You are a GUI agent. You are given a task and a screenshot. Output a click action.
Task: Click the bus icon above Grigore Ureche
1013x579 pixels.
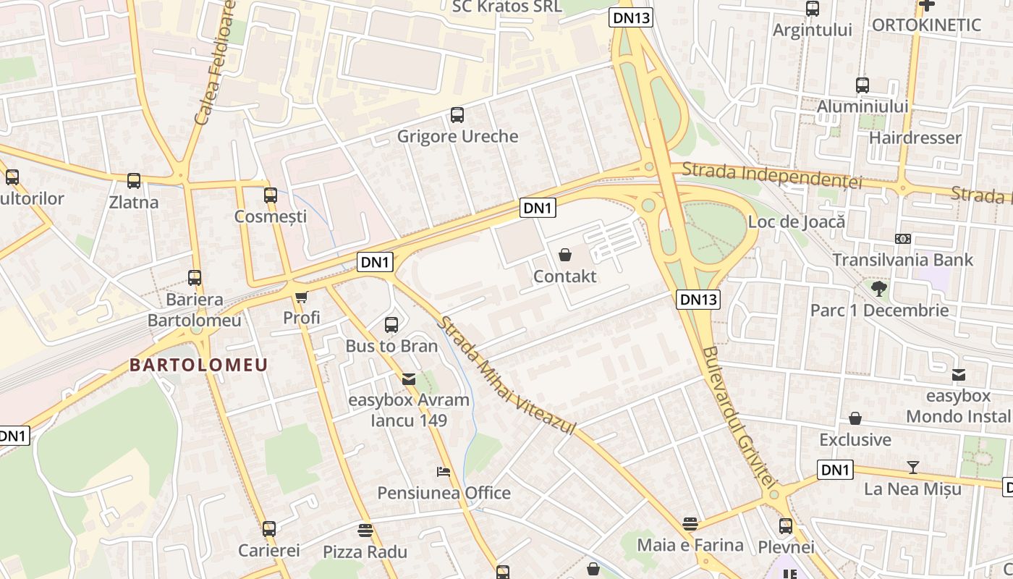coord(457,114)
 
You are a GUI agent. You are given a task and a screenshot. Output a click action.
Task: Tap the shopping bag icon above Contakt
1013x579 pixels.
coord(565,255)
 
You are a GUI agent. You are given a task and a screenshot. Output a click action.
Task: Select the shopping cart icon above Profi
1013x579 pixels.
coord(301,297)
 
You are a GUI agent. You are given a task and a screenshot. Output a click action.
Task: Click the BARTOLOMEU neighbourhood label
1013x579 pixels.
coord(199,365)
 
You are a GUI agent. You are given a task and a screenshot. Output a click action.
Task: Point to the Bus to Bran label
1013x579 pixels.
coord(391,346)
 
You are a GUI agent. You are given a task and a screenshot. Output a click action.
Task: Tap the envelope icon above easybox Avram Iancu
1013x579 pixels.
coord(409,379)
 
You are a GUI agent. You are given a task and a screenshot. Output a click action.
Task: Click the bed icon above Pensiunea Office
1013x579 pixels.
coord(444,472)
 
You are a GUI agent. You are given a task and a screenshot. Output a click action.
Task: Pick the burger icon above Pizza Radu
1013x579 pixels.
coord(365,531)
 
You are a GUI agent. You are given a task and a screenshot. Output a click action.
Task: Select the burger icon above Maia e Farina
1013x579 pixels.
coord(690,523)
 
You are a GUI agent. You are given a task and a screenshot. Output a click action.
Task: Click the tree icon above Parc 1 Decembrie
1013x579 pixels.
coord(879,289)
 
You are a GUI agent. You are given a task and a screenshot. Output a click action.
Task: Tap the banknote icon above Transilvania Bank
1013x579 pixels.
coord(902,238)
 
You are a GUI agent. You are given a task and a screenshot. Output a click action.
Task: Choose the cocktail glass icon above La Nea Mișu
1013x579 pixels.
coord(913,468)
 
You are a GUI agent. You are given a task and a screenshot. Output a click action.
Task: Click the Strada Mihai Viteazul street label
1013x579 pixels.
coord(506,376)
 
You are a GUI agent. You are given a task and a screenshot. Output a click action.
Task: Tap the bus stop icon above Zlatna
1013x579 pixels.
coord(134,180)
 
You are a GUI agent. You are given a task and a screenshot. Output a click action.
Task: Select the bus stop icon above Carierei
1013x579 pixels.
coord(269,529)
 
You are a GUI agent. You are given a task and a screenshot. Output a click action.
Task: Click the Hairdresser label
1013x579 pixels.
coord(915,138)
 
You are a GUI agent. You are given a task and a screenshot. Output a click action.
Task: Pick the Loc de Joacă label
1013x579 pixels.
coord(796,221)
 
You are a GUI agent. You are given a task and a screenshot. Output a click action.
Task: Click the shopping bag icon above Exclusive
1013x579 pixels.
coord(855,418)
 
